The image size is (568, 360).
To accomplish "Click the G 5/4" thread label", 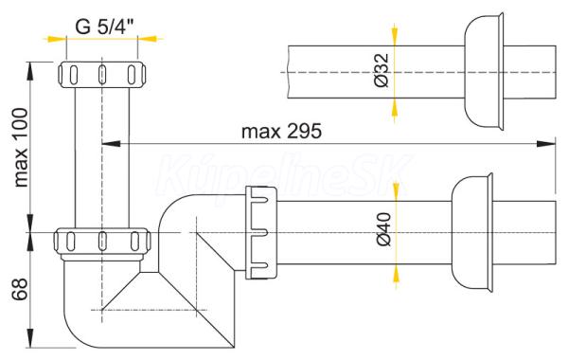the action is pyautogui.click(x=104, y=27).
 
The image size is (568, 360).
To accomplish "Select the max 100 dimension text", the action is pyautogui.click(x=21, y=148).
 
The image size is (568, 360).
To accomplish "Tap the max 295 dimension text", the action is pyautogui.click(x=281, y=132).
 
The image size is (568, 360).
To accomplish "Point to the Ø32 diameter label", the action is pyautogui.click(x=382, y=70).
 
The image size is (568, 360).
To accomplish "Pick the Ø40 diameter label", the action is pyautogui.click(x=384, y=229).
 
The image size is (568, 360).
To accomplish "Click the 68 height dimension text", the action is pyautogui.click(x=20, y=289).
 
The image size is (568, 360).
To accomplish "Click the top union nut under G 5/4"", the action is pyautogui.click(x=102, y=75).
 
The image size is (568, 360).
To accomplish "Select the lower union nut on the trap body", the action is pyautogui.click(x=102, y=242).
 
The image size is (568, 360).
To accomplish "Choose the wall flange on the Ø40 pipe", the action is pyautogui.click(x=472, y=232).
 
